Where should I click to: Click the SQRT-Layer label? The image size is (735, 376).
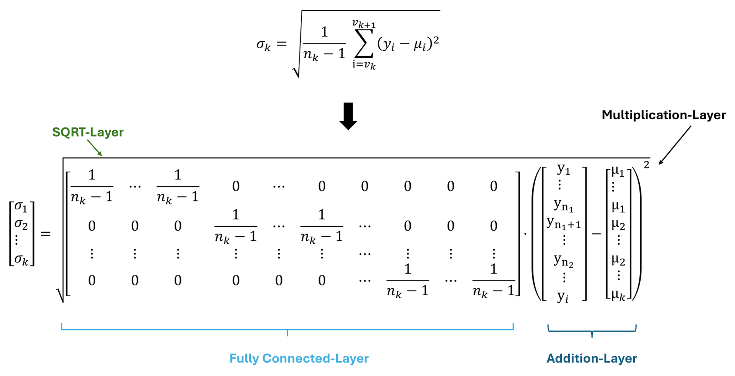click(x=88, y=132)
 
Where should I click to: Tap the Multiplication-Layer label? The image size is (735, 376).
click(x=664, y=115)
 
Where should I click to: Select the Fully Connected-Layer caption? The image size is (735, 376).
click(x=299, y=358)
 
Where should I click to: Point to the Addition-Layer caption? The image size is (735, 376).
click(x=592, y=358)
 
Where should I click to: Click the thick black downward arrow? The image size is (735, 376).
click(x=348, y=116)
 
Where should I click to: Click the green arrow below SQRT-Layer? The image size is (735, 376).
click(x=94, y=148)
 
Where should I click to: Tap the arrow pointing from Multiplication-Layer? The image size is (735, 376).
click(x=675, y=145)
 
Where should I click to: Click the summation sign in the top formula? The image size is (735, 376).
click(x=364, y=44)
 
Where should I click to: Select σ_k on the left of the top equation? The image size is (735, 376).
click(x=263, y=45)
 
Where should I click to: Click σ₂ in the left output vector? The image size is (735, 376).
click(x=21, y=224)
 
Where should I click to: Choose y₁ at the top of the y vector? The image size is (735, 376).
click(x=563, y=169)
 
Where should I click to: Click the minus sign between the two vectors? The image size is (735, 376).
click(x=596, y=234)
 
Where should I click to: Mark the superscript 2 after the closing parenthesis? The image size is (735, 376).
click(x=646, y=165)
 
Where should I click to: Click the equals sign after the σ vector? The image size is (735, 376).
click(x=46, y=234)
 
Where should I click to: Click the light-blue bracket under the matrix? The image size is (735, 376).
click(x=287, y=329)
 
